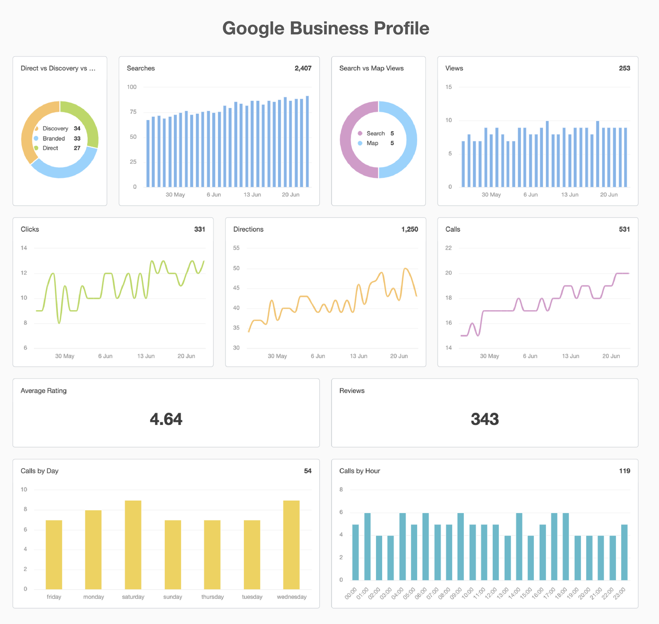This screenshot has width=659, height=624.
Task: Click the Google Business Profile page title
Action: (326, 28)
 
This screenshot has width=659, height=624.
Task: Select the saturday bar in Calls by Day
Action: (133, 545)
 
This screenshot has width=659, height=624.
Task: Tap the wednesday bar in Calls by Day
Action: (291, 545)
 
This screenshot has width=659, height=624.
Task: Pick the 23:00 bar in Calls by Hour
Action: (624, 552)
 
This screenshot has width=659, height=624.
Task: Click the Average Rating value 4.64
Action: (166, 419)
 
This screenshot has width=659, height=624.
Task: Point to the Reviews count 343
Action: (485, 419)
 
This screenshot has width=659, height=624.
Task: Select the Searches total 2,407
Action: (303, 68)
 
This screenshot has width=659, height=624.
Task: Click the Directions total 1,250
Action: (409, 230)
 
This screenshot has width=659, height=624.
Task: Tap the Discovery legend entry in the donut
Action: (55, 129)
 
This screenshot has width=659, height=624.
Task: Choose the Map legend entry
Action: (372, 143)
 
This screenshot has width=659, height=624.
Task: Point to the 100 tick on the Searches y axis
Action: (132, 87)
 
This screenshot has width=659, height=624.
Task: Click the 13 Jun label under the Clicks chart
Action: (146, 356)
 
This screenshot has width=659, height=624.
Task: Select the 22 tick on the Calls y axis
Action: (449, 248)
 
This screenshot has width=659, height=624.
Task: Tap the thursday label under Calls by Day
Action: (213, 597)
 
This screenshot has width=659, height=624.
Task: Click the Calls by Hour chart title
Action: (360, 471)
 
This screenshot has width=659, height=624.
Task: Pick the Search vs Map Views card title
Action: (371, 68)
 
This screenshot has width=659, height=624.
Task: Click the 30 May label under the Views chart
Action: (491, 195)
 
